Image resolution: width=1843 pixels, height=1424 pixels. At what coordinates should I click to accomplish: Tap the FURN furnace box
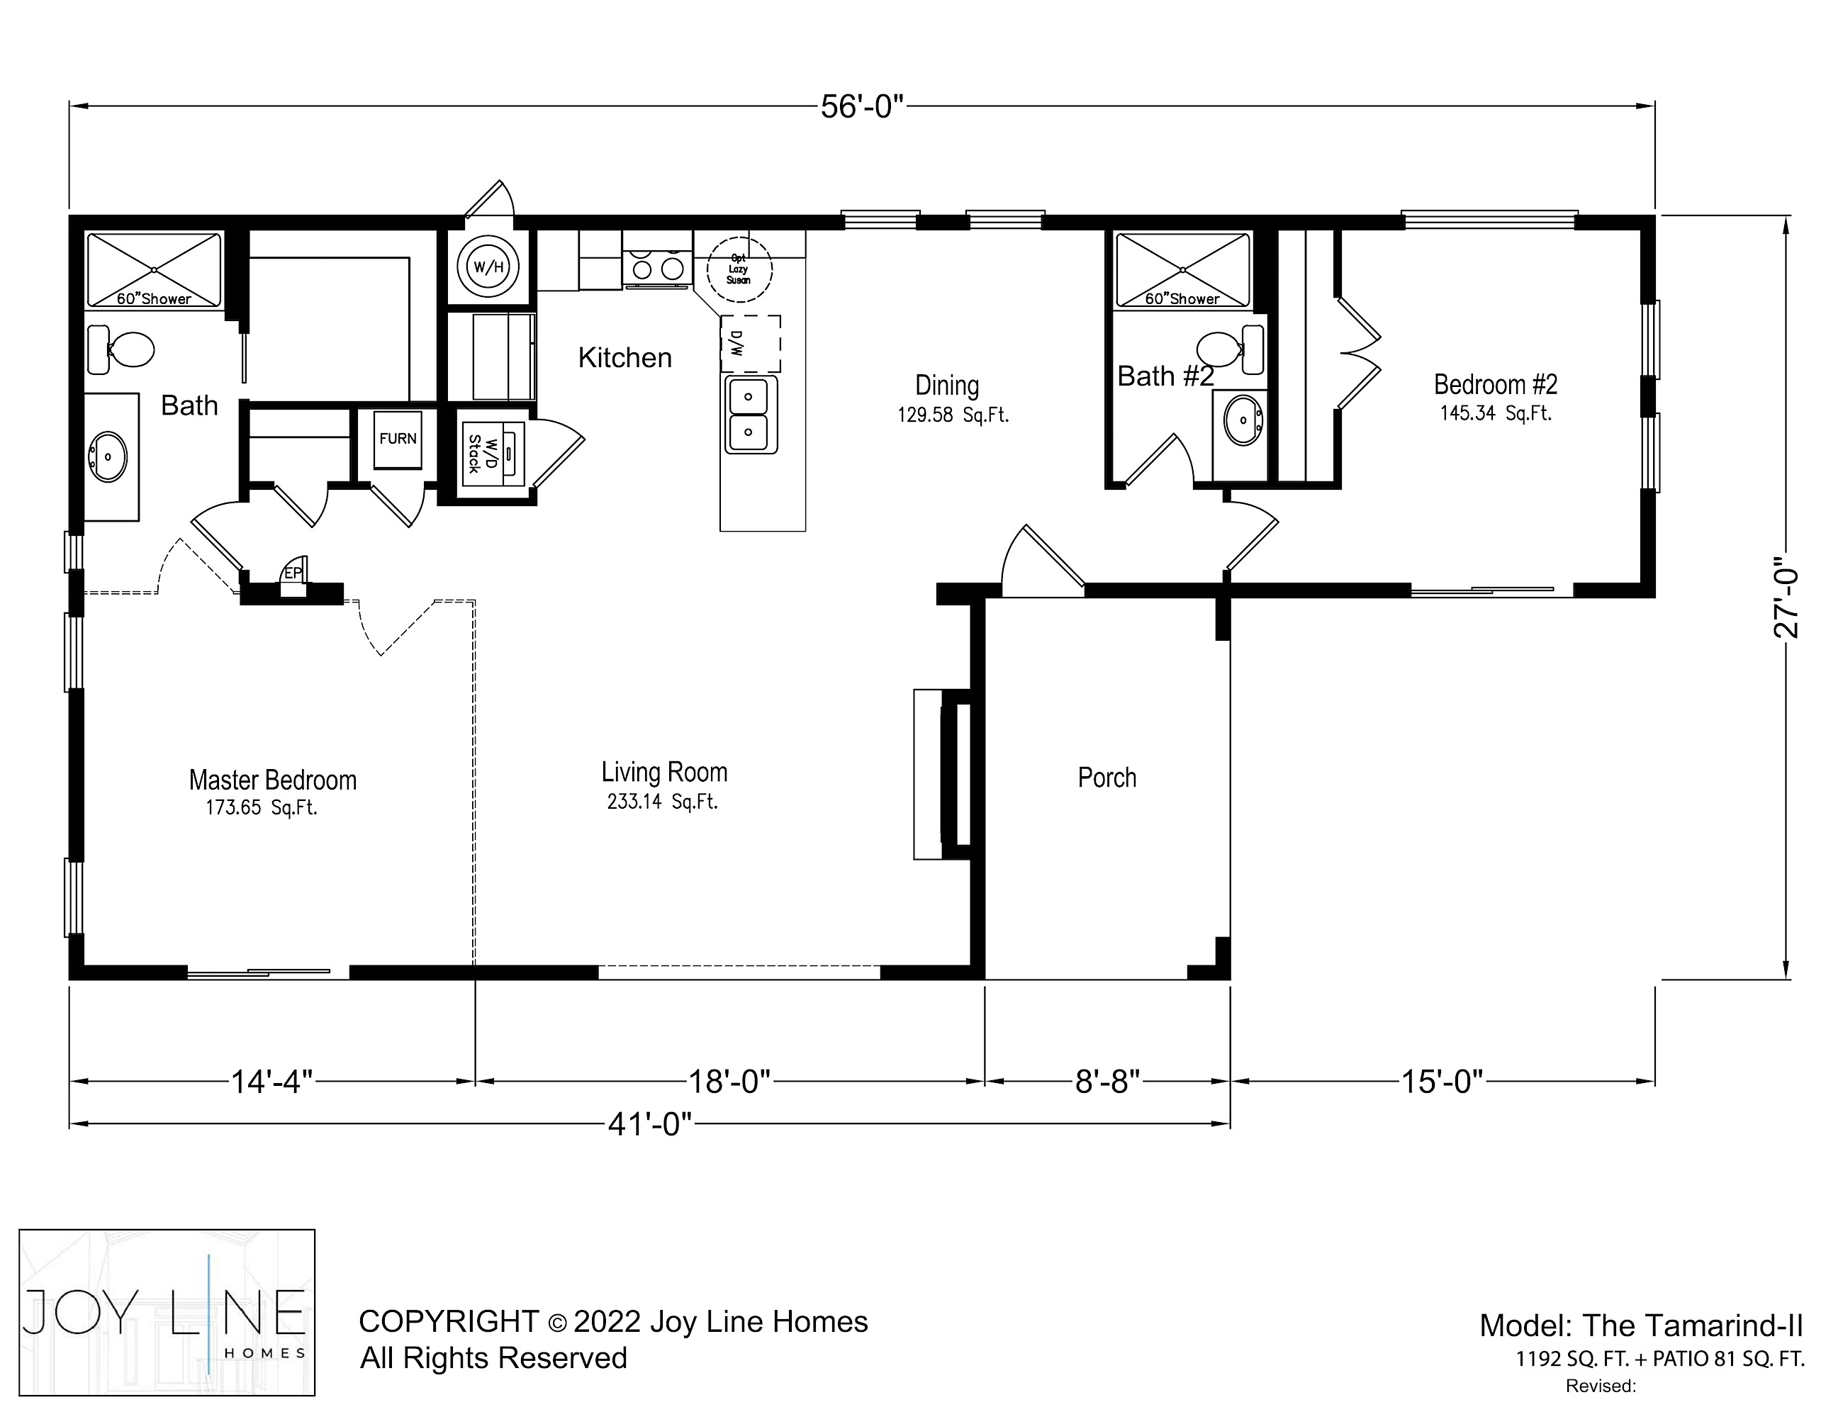(x=398, y=439)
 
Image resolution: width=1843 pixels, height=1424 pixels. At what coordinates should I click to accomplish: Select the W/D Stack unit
(x=493, y=453)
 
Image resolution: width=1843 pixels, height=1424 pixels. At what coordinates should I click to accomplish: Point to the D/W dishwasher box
(x=750, y=343)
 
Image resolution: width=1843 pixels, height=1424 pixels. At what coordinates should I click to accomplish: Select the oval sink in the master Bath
(x=108, y=456)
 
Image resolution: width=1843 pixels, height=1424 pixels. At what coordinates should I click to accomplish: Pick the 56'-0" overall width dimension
(x=861, y=107)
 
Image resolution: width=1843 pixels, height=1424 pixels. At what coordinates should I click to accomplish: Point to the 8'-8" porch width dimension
(x=1107, y=1081)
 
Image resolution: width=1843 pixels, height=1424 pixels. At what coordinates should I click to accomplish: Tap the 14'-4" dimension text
(x=271, y=1081)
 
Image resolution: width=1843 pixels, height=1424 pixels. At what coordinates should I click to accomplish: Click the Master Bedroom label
(x=273, y=780)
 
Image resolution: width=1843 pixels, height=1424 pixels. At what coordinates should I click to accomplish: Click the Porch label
(x=1107, y=777)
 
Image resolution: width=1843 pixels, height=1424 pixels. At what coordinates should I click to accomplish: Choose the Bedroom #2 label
(x=1496, y=385)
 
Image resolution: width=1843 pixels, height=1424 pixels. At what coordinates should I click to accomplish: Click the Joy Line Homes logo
(x=167, y=1312)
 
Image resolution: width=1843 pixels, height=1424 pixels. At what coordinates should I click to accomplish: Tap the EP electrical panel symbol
(x=293, y=573)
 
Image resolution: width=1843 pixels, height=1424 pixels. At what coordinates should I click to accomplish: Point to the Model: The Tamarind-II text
(x=1640, y=1325)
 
